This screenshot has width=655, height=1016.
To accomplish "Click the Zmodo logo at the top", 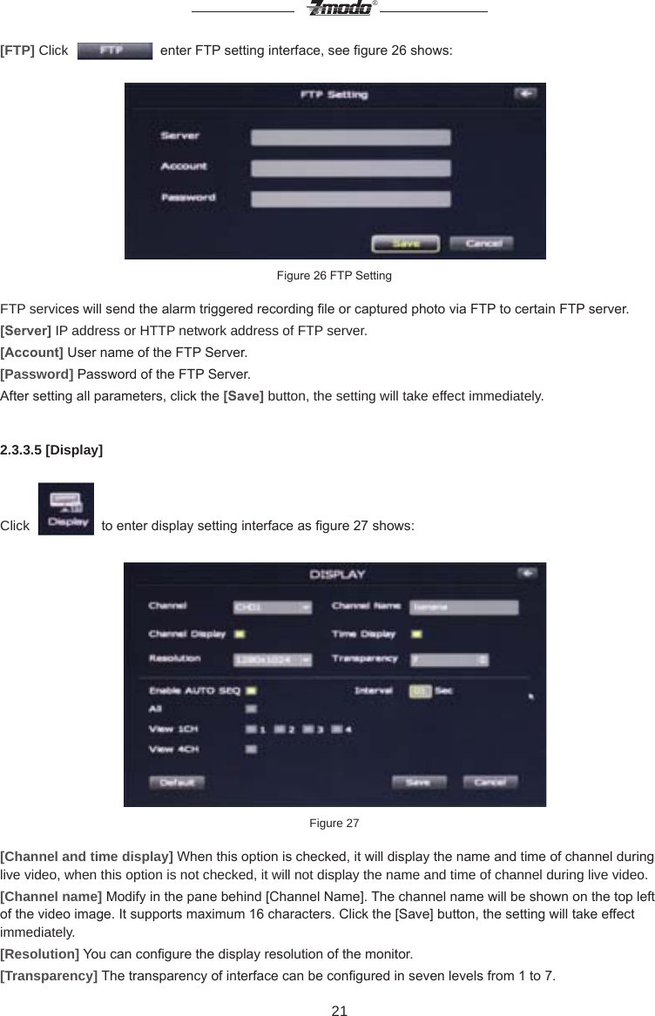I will point(339,9).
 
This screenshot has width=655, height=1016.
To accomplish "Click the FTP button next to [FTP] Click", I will point(114,50).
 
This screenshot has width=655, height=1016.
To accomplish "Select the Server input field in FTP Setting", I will point(350,137).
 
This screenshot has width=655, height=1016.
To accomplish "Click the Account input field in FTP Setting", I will point(350,168).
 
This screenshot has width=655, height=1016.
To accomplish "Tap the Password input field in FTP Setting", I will point(350,199).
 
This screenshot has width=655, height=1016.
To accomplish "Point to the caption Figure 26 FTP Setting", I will point(334,276).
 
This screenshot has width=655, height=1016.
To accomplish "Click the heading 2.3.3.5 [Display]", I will point(51,450).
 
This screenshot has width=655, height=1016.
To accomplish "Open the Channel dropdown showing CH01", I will point(272,608).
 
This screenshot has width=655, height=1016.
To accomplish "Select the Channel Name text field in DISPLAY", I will point(463,608).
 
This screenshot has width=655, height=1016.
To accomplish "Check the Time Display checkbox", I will point(416,634).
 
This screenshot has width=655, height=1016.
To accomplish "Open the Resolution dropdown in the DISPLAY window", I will point(272,661).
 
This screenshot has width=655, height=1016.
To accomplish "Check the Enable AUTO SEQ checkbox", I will point(251,690).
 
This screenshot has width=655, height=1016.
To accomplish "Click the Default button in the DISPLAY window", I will point(177,782).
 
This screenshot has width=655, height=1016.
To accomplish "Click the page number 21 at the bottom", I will point(339,1010).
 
